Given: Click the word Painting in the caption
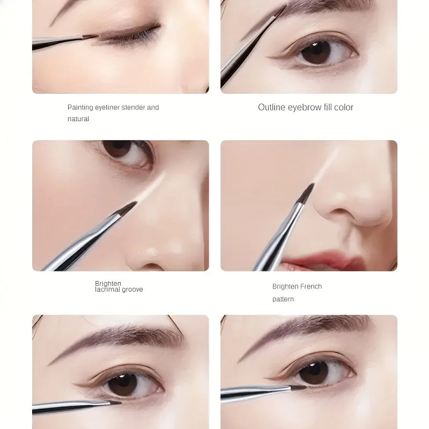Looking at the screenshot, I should [80, 107].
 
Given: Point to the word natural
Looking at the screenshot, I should [78, 119].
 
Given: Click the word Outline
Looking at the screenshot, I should [272, 107].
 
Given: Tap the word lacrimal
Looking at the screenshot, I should [108, 290].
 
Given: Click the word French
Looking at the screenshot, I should [311, 286].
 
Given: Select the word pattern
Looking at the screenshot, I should [283, 299].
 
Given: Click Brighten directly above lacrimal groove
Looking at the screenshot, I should [108, 283].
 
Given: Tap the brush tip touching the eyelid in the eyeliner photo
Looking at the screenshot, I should [91, 37].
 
